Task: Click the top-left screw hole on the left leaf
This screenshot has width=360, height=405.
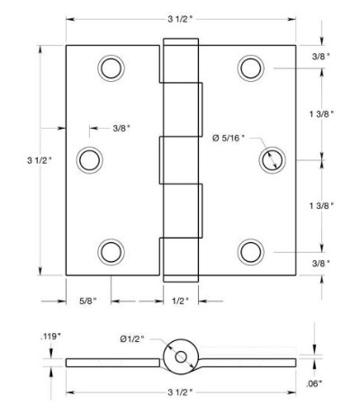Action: pos(112,68)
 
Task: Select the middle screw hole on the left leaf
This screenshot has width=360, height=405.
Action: pos(90,160)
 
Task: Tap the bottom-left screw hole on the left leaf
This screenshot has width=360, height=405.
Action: pos(112,252)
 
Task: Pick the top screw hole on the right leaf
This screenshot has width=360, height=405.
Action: pos(251,68)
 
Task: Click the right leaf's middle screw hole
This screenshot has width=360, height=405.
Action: pos(272,160)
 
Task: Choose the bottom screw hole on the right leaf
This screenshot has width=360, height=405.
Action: pos(251,252)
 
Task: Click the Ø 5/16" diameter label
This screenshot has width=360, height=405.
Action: pos(229,138)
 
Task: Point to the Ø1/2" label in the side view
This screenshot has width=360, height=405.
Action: pos(132,339)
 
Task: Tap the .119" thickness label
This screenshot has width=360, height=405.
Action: pos(50,337)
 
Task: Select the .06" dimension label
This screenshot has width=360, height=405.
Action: pos(314,383)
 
